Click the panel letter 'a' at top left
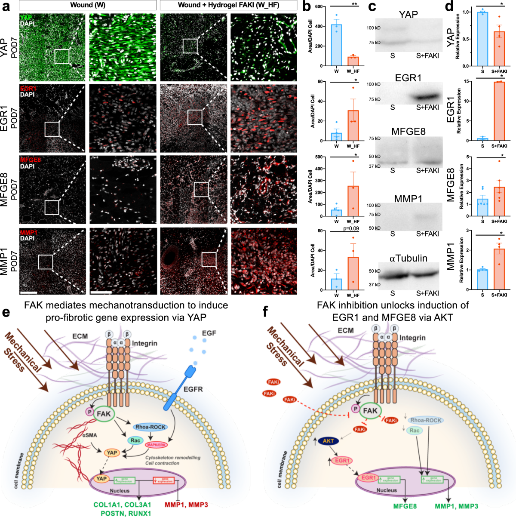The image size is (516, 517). tap(6, 7)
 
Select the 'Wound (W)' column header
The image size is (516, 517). tap(88, 5)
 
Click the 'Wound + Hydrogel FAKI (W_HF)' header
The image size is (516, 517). tap(228, 5)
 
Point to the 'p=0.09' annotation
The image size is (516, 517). tap(350, 228)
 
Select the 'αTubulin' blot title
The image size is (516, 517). tap(408, 258)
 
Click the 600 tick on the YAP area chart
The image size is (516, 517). tap(319, 6)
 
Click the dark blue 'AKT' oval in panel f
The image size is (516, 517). tap(328, 441)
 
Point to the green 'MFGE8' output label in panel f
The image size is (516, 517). tap(405, 506)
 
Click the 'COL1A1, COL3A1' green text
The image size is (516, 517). tap(122, 505)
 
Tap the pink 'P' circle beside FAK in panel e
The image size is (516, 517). tap(89, 412)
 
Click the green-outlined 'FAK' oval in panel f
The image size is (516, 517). tap(370, 411)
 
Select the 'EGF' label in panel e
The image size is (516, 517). tap(209, 333)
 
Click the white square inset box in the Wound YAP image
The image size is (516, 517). tap(62, 56)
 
